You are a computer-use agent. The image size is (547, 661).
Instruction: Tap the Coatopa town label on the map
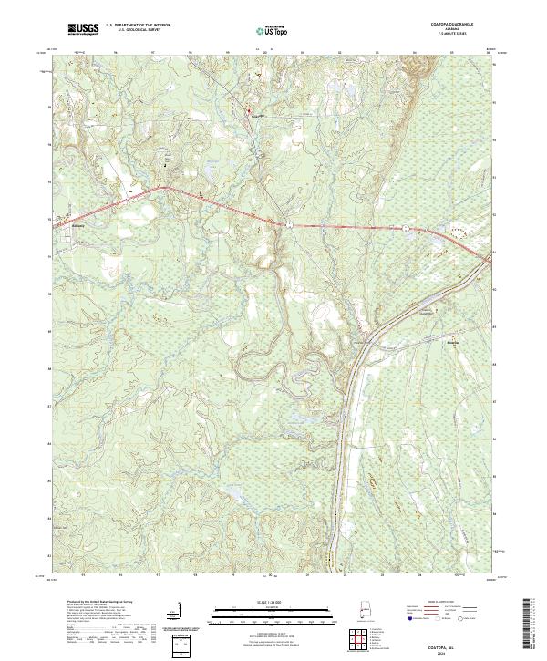pyautogui.click(x=256, y=116)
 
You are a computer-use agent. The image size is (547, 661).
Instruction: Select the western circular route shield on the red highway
pyautogui.click(x=286, y=222)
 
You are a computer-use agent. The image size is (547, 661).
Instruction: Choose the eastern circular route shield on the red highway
pyautogui.click(x=403, y=226)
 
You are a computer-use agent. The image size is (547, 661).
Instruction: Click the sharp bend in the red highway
pyautogui.click(x=163, y=187)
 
